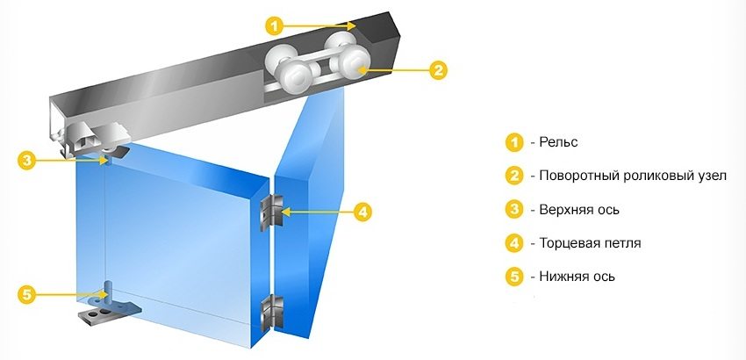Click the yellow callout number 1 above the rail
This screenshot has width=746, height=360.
click(x=274, y=25)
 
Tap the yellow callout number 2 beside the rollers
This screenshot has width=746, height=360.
click(x=438, y=70)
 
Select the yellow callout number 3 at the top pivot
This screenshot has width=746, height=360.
click(x=27, y=160)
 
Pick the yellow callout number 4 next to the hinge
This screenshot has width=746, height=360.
click(x=362, y=212)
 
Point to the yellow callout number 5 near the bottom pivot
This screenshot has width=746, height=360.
click(x=27, y=295)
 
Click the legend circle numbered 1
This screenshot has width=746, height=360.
click(x=513, y=142)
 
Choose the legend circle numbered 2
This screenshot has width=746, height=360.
click(x=513, y=176)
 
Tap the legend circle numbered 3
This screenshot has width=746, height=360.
click(x=513, y=210)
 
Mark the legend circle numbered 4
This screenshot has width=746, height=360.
click(x=513, y=243)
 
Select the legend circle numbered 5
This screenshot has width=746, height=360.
click(x=513, y=277)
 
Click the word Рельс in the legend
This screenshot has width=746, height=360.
click(x=558, y=142)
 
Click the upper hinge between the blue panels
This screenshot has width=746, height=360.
click(x=271, y=212)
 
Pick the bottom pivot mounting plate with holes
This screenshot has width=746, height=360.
click(x=111, y=313)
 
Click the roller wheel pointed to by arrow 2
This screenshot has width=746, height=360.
click(x=354, y=66)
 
